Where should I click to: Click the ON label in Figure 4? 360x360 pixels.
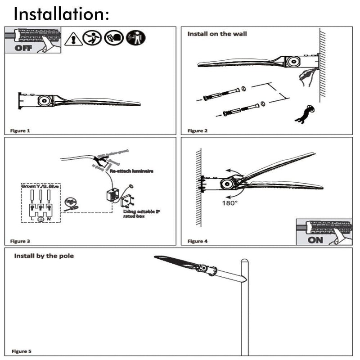[x=315, y=239]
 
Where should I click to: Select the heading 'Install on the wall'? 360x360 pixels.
[x=217, y=34]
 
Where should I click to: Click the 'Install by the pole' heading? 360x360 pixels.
[x=44, y=256]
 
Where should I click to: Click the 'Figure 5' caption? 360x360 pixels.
[x=22, y=351]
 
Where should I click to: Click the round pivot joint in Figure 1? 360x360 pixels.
[x=44, y=101]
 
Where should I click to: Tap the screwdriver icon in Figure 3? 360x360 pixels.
[x=71, y=203]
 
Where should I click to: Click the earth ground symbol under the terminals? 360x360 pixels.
[x=40, y=219]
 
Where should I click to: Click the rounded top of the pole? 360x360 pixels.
[x=244, y=261]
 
